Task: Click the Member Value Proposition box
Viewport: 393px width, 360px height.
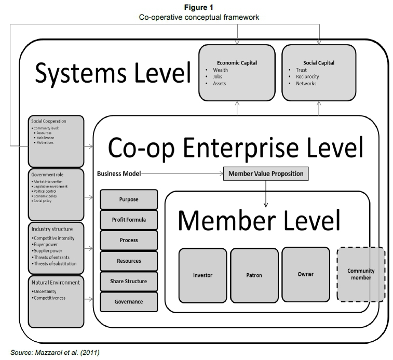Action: coord(266,174)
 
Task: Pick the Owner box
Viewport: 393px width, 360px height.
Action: coord(305,273)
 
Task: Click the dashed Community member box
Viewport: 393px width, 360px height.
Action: coord(360,274)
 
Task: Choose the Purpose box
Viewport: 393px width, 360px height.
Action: coord(128,199)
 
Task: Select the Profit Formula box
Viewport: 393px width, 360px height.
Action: coord(128,219)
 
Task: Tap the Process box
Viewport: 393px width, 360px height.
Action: coord(128,240)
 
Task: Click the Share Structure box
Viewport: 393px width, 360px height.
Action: coord(128,281)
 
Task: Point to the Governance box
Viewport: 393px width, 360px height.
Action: coord(128,301)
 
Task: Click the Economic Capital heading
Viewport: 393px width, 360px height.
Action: coord(237,63)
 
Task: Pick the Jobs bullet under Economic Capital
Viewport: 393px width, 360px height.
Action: coord(218,76)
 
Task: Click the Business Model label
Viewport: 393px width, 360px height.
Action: coord(118,174)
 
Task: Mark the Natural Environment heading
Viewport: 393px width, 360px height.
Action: coord(55,282)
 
